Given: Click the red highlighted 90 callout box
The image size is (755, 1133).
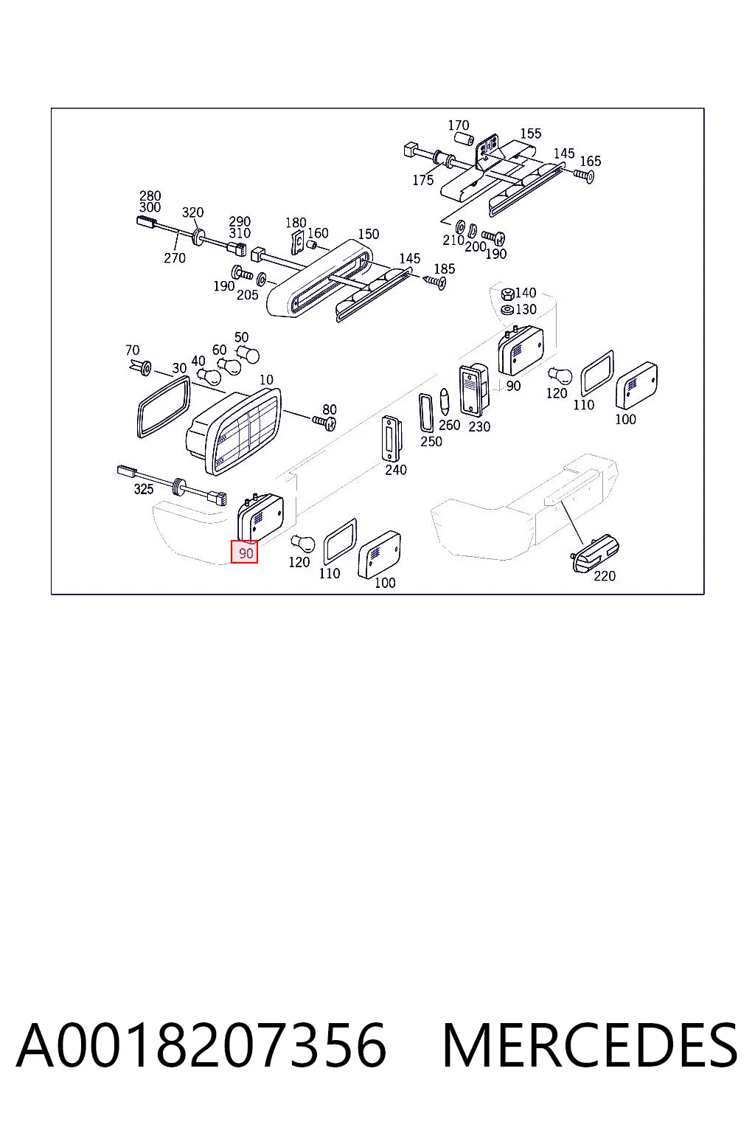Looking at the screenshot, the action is click(244, 552).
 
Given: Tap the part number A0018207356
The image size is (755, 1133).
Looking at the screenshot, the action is click(201, 1044).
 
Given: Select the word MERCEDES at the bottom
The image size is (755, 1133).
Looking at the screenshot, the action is click(590, 1045).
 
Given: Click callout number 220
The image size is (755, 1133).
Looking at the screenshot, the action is click(605, 575).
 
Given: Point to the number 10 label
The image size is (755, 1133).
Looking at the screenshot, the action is click(266, 379).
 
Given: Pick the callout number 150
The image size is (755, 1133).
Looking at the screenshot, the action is click(368, 234).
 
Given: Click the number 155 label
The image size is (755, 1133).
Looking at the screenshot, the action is click(530, 133).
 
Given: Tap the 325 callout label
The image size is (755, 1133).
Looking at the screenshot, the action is click(144, 488).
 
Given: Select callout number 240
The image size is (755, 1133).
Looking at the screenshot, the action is click(395, 469).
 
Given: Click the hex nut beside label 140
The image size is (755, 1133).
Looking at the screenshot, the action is click(507, 294).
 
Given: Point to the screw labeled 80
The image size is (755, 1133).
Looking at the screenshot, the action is click(324, 422).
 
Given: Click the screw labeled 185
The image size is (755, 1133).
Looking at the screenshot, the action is click(436, 282).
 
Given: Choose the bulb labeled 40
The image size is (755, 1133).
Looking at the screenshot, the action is click(209, 375).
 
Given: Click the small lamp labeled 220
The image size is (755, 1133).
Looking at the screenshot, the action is click(595, 553).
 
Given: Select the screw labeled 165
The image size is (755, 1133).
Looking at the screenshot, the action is click(584, 176).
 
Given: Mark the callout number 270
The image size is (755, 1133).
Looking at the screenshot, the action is click(175, 257).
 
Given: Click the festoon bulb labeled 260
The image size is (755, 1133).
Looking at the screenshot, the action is click(445, 401).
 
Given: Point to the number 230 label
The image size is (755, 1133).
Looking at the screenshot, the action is click(479, 426).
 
